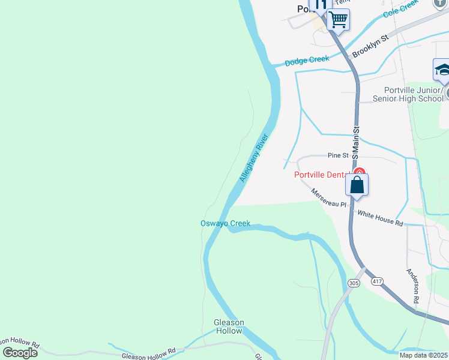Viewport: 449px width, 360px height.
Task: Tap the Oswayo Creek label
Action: click(x=225, y=224)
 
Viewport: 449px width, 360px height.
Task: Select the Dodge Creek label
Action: click(x=307, y=60)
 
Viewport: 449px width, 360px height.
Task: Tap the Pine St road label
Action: click(x=338, y=155)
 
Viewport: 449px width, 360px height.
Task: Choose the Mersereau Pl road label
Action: click(x=328, y=197)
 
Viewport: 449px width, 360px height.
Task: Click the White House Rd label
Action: click(x=380, y=217)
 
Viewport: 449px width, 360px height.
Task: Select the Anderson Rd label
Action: click(x=414, y=284)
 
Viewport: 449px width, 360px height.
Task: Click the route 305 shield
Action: click(x=354, y=283)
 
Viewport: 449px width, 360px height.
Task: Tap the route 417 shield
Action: click(x=377, y=281)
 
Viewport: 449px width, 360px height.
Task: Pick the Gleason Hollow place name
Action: click(x=229, y=326)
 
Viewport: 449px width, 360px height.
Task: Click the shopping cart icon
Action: click(x=339, y=20)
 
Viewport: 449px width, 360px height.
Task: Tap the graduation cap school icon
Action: click(x=442, y=70)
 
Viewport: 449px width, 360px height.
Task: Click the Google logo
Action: click(x=20, y=353)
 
